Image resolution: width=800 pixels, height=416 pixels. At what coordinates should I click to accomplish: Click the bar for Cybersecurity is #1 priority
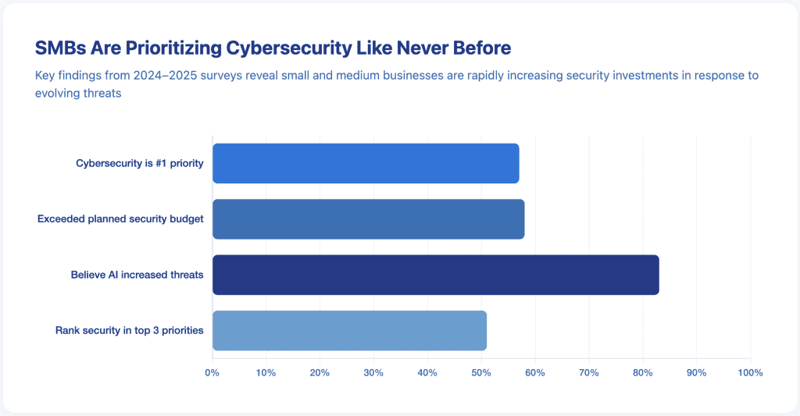pyautogui.click(x=366, y=163)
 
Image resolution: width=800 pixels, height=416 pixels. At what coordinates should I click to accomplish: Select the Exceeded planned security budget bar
pyautogui.click(x=368, y=219)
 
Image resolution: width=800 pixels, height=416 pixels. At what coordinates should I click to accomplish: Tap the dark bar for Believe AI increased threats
pyautogui.click(x=435, y=275)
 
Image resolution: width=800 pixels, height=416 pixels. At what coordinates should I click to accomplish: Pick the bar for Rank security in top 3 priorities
pyautogui.click(x=349, y=330)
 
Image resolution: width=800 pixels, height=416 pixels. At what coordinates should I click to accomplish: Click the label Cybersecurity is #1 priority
pyautogui.click(x=139, y=163)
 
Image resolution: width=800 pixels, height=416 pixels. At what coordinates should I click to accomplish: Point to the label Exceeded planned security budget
pyautogui.click(x=120, y=219)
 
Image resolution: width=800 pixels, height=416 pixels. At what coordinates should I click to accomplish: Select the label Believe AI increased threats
pyautogui.click(x=137, y=275)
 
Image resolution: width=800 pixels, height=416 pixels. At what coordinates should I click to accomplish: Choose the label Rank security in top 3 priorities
pyautogui.click(x=129, y=330)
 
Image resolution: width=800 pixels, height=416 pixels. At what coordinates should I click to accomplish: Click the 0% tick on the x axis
pyautogui.click(x=212, y=373)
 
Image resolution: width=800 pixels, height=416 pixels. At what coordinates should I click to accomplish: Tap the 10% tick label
pyautogui.click(x=266, y=373)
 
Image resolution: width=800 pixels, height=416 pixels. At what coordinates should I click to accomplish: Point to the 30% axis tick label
pyautogui.click(x=373, y=373)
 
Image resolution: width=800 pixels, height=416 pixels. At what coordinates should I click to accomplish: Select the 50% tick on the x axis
pyautogui.click(x=481, y=373)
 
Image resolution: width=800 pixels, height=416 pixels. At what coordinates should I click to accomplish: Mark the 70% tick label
pyautogui.click(x=588, y=373)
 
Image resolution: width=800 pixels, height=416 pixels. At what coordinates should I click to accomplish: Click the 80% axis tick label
pyautogui.click(x=642, y=373)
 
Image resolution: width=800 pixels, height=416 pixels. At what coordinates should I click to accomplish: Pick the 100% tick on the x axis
pyautogui.click(x=749, y=373)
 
